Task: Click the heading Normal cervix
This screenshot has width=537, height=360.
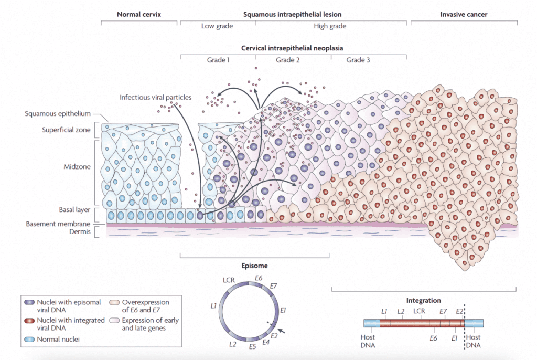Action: pos(139,15)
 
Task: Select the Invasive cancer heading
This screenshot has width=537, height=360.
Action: pos(463,15)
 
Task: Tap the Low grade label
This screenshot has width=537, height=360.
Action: pos(217,26)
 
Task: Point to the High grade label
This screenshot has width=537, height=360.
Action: pos(330,26)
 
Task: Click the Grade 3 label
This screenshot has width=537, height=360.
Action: pos(358,60)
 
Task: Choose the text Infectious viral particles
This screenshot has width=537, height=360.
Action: pos(156,97)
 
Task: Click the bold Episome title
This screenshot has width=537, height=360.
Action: pos(254,266)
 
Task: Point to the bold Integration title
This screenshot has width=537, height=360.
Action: pos(424,301)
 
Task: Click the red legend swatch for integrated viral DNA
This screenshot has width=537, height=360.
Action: pos(30,320)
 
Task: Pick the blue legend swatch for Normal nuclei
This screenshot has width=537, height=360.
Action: pos(30,339)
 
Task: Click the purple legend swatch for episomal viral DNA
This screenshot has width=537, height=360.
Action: pos(30,302)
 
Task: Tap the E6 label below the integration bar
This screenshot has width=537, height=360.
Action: pos(433,338)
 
